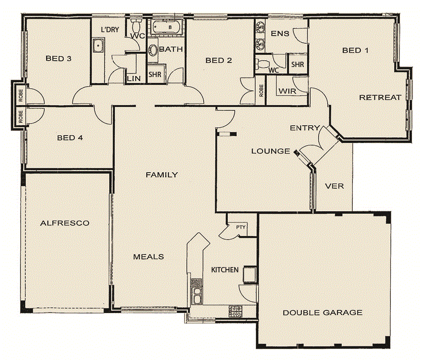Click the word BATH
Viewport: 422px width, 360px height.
(x=171, y=49)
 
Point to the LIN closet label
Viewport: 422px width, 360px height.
(x=133, y=79)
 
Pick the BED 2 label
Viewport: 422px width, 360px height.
(x=218, y=61)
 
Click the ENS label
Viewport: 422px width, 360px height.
(x=280, y=34)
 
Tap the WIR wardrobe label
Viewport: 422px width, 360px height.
(x=286, y=91)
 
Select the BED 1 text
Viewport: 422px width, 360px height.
(x=356, y=51)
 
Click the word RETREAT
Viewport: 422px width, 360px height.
(x=380, y=98)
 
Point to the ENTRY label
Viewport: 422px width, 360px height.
(x=305, y=128)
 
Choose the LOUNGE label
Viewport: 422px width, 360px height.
(x=271, y=151)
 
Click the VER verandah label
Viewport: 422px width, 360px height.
(x=334, y=186)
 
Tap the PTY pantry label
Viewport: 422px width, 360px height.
(x=241, y=228)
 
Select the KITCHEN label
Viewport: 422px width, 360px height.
(x=225, y=270)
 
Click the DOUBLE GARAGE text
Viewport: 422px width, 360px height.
(x=322, y=312)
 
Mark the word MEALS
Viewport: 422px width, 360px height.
(x=148, y=257)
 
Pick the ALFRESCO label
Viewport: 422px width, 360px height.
(x=65, y=223)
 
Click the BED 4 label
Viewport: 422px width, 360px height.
(x=70, y=138)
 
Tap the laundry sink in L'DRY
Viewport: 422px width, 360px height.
(x=98, y=46)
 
